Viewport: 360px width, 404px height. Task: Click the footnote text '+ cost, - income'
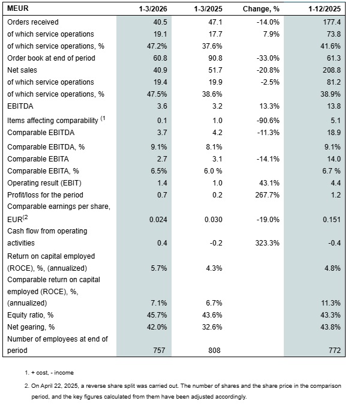click(58, 372)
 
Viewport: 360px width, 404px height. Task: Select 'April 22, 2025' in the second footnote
click(62, 385)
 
